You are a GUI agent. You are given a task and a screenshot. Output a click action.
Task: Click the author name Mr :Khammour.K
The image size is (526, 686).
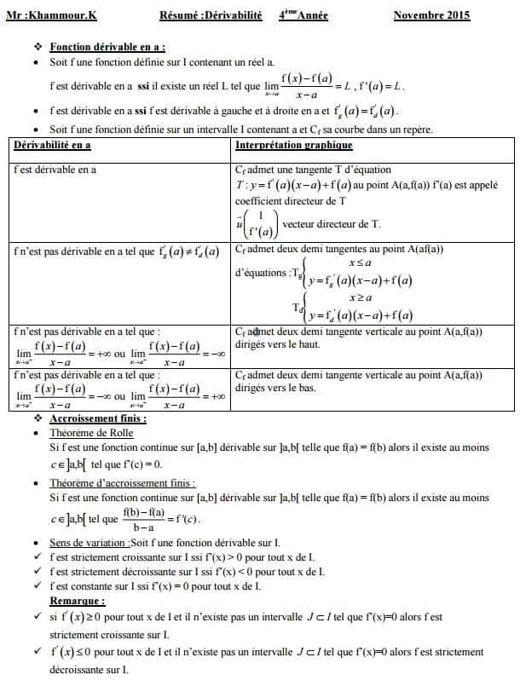coord(51,15)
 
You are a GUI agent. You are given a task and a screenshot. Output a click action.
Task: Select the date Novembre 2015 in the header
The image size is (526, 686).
coord(431,15)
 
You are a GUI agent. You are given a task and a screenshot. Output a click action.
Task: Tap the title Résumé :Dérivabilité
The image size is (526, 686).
coord(211,15)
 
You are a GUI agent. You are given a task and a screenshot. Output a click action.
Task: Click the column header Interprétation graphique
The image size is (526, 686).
coord(293,145)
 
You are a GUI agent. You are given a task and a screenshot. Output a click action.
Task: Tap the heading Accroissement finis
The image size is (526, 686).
coord(98,418)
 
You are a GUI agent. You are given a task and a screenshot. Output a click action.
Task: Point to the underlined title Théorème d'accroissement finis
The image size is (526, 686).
coord(122,483)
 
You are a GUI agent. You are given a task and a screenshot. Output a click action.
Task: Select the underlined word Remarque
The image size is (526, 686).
coord(77,600)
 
